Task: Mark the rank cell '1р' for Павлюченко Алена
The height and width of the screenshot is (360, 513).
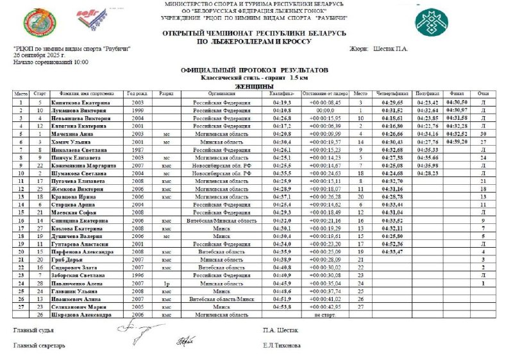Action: (165, 283)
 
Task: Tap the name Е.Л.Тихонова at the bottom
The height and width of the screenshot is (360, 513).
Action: (281, 345)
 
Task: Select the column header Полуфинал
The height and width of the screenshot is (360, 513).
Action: (426, 94)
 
